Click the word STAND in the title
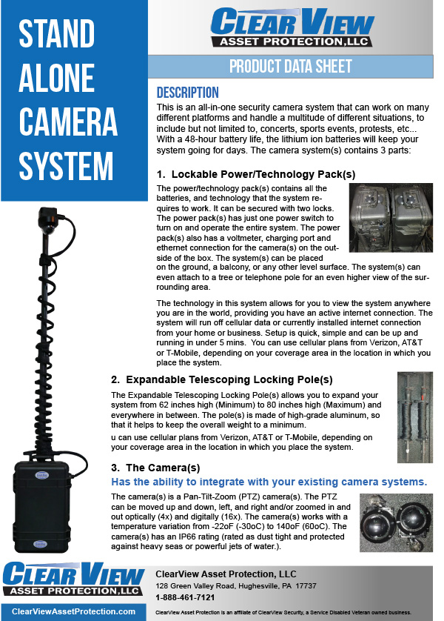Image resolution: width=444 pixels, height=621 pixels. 57,34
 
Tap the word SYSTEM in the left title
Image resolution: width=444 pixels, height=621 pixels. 67,165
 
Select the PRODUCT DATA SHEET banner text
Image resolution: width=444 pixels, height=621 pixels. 290,66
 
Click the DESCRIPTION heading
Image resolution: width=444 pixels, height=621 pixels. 187,93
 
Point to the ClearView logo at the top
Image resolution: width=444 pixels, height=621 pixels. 290,27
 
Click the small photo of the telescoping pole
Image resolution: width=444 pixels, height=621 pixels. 414,416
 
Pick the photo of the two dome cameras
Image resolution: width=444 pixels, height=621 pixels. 395,522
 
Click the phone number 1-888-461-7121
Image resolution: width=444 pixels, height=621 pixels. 185,597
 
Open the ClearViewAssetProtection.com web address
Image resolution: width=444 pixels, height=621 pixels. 74,611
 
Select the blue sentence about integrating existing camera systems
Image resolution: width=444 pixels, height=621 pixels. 269,482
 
